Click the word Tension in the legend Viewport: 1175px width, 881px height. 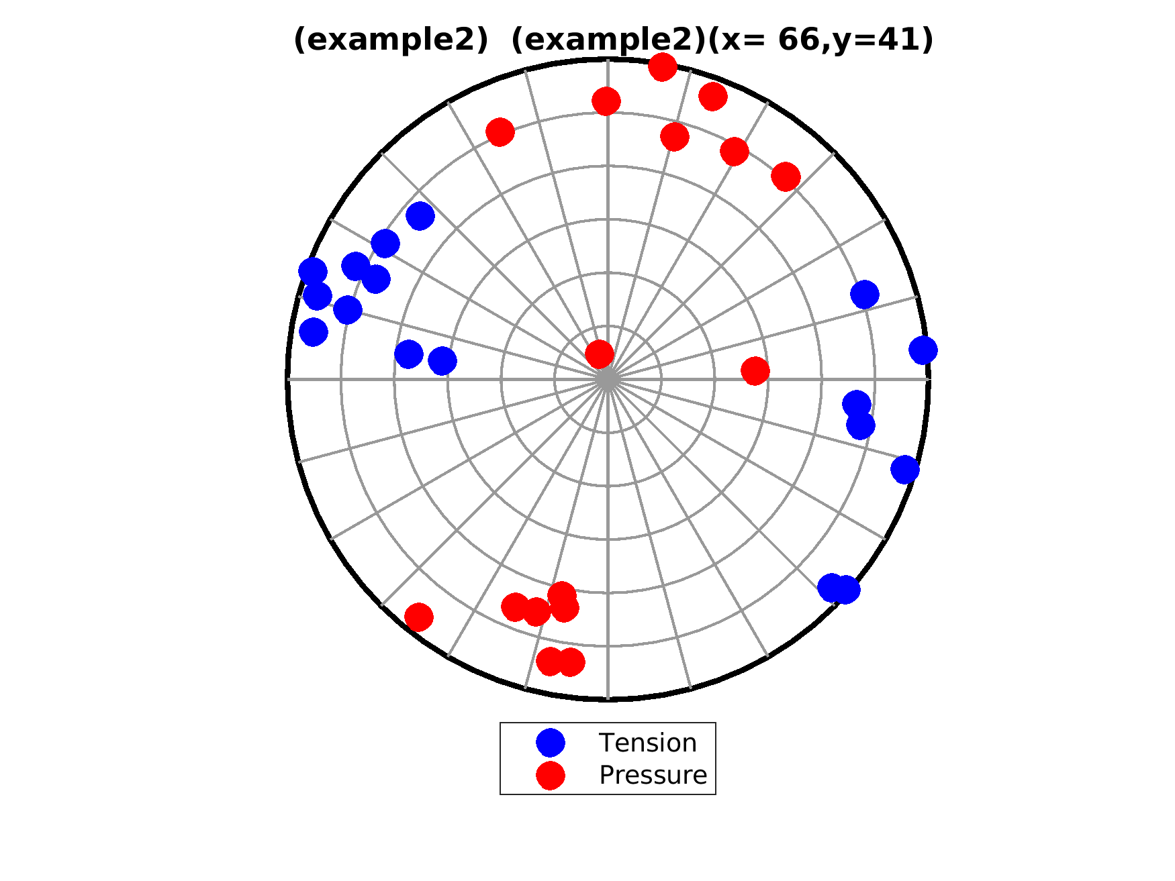647,743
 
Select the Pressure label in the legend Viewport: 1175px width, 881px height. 653,775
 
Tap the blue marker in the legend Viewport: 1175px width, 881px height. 551,743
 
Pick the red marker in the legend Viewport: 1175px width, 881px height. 551,775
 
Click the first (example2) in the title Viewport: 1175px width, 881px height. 391,40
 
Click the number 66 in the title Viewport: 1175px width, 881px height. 798,40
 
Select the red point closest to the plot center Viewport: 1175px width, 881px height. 600,354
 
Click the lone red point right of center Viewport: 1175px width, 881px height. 755,370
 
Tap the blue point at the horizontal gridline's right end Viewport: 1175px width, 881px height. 923,350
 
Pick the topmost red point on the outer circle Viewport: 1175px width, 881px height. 663,66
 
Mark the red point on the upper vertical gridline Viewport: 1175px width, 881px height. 606,101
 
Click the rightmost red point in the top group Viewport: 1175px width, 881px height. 786,176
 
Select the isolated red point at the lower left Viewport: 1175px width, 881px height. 419,617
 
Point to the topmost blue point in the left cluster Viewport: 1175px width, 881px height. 420,216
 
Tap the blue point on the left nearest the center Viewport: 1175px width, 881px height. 442,361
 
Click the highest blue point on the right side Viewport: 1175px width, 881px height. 865,294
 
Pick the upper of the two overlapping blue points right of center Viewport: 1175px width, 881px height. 857,405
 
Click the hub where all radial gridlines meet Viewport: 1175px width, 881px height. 608,380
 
